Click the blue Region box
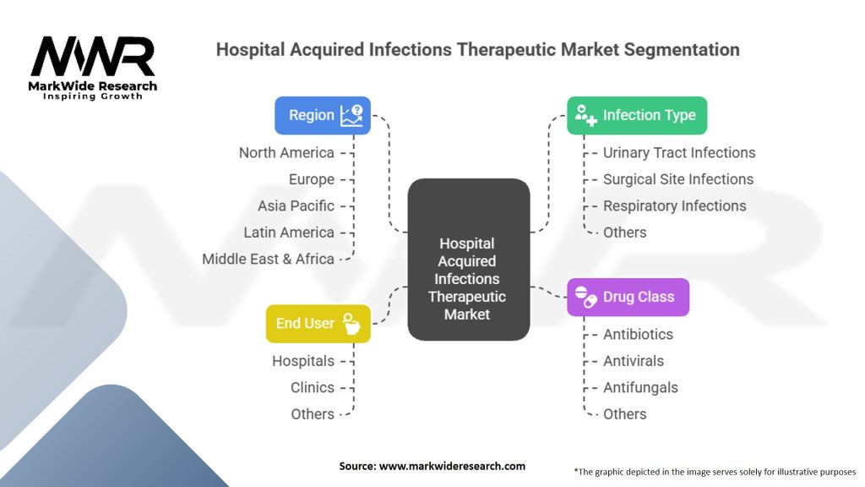322,115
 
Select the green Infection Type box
636,115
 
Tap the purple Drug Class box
627,297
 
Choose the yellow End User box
318,323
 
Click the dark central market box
468,259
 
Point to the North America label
286,152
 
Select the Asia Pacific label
296,205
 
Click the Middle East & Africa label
268,259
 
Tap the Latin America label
288,232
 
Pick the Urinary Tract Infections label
679,152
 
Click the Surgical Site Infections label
678,178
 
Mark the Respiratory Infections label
674,205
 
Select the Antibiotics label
638,334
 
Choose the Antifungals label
640,387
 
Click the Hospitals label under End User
302,361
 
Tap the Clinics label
313,387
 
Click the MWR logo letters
93,57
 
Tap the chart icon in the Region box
351,115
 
